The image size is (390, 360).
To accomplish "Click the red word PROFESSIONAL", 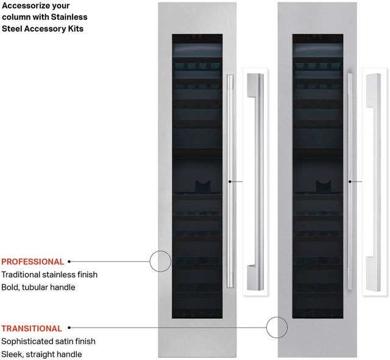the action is click(32, 262).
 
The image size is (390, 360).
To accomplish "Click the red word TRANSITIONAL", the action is click(32, 328).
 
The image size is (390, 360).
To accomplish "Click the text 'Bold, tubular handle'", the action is click(38, 287).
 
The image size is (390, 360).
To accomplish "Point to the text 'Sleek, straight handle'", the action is click(41, 354).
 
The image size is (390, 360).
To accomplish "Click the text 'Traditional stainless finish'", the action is click(49, 275).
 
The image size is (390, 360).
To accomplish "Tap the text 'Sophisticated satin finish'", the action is click(48, 341).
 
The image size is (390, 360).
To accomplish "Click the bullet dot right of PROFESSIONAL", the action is click(69, 261).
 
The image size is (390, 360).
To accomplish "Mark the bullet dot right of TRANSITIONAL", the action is click(69, 328).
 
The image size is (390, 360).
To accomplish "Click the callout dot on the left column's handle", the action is click(230, 182).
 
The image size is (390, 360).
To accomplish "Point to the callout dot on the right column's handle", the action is click(350, 182).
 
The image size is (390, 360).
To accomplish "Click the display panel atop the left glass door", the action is click(194, 37).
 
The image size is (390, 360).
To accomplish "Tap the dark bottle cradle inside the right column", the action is click(324, 186).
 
